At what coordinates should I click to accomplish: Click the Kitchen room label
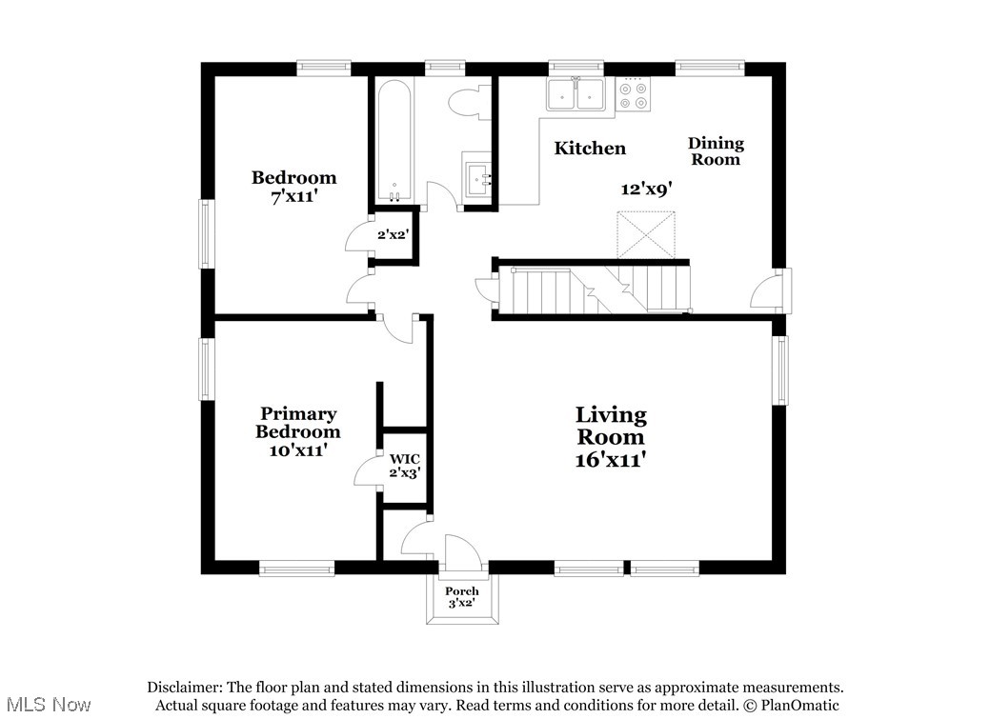click(590, 149)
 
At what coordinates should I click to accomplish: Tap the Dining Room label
click(716, 151)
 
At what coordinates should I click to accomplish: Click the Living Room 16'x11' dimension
click(611, 460)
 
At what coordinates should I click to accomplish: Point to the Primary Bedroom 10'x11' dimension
click(298, 450)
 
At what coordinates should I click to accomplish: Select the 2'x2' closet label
click(394, 234)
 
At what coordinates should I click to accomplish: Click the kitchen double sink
click(576, 94)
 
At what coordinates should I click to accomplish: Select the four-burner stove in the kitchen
click(633, 94)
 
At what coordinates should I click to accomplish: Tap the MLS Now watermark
click(46, 705)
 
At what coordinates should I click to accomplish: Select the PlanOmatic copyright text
click(790, 706)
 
